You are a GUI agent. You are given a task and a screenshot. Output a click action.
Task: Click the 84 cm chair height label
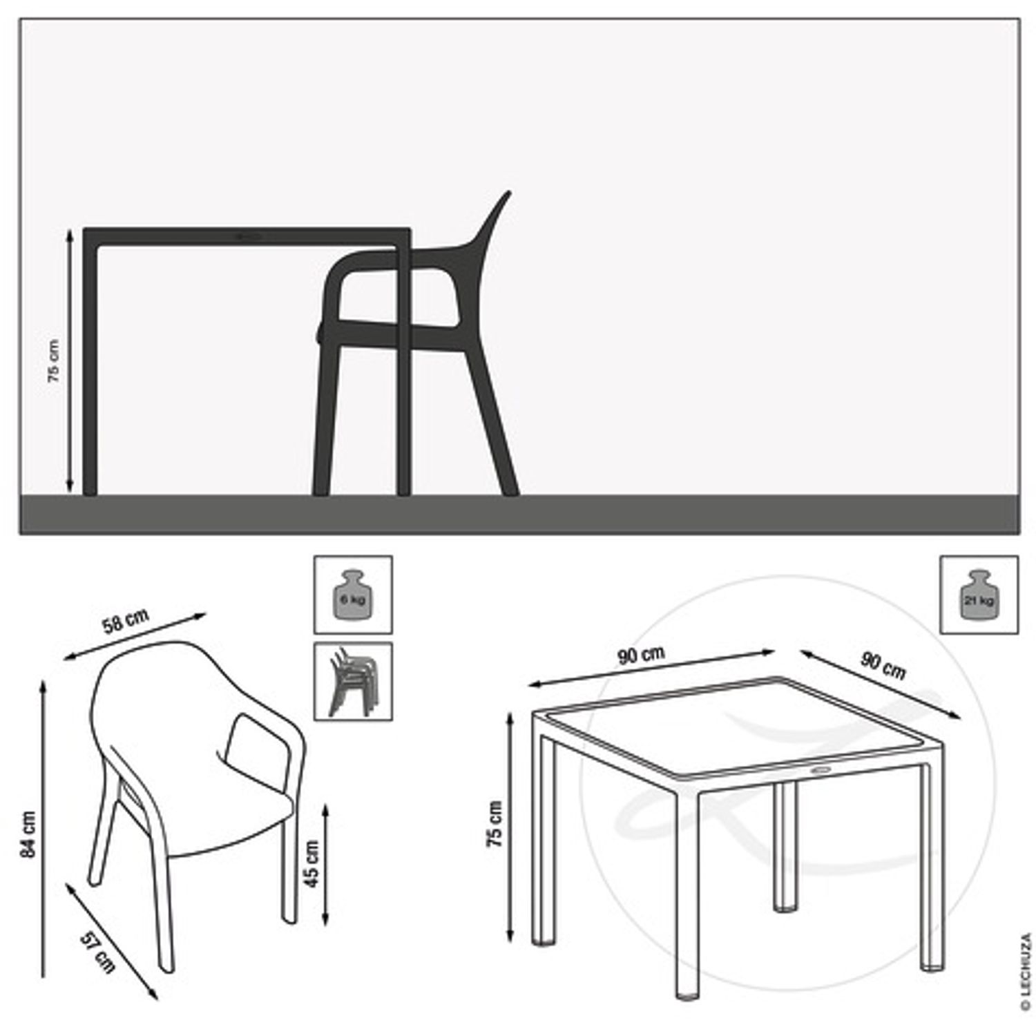click(x=28, y=834)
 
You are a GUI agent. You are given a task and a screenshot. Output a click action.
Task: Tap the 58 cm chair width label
click(x=126, y=621)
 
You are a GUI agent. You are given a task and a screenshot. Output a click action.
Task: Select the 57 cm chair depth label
click(x=97, y=952)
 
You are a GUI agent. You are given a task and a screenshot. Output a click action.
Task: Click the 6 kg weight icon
click(x=353, y=594)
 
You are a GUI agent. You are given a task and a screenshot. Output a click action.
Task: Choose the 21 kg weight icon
click(x=979, y=594)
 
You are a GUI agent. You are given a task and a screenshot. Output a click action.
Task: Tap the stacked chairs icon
click(x=353, y=681)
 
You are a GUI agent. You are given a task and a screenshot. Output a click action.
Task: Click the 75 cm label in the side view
click(x=54, y=361)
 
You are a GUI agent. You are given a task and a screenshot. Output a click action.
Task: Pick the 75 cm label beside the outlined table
click(x=495, y=824)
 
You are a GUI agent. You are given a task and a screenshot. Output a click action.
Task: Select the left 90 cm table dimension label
click(x=641, y=654)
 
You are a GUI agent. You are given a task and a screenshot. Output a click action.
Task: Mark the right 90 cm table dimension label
click(x=883, y=665)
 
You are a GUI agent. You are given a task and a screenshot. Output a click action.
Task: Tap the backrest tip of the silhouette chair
click(x=508, y=193)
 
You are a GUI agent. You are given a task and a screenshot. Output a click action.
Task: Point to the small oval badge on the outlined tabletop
click(x=822, y=769)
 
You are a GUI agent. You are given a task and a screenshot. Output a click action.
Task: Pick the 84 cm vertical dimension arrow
click(x=44, y=828)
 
